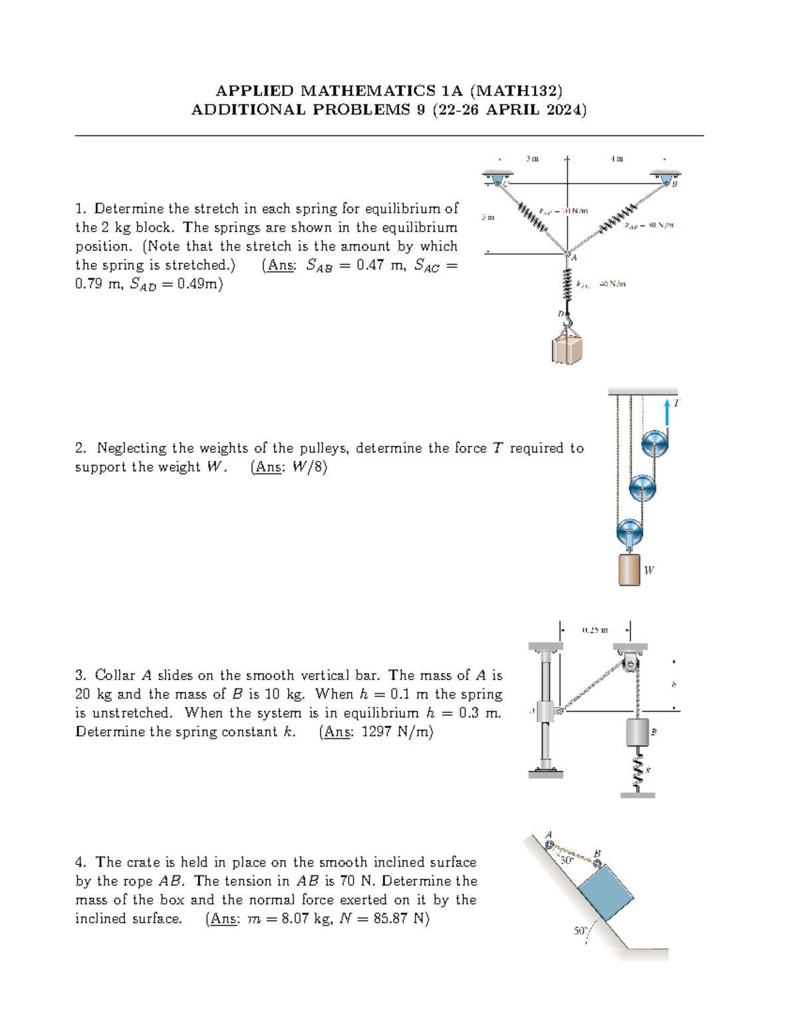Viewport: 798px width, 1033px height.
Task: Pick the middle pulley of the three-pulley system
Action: click(642, 488)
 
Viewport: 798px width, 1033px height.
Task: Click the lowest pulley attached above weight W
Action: click(629, 532)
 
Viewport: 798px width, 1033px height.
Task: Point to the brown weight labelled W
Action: click(629, 569)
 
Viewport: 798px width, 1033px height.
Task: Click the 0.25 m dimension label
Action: click(595, 629)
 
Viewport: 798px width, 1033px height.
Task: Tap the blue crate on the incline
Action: click(606, 893)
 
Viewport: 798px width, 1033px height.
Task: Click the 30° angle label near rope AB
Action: click(567, 860)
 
